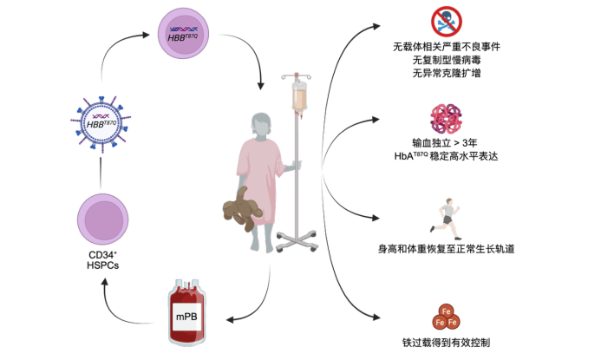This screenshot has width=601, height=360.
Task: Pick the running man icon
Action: point(446,219)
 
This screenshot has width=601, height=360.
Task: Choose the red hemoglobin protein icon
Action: point(446,119)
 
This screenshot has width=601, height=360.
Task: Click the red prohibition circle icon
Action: point(446,22)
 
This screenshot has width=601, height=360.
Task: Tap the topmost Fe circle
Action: point(446,311)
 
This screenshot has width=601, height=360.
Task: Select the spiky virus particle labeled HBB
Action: point(101,122)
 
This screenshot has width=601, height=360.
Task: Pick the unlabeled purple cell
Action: point(102,219)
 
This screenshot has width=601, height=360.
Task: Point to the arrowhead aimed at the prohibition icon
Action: point(376,26)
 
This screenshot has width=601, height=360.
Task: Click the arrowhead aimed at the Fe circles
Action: point(376,317)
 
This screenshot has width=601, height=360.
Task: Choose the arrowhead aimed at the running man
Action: point(376,218)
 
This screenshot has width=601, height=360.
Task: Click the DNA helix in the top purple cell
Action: point(183,29)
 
